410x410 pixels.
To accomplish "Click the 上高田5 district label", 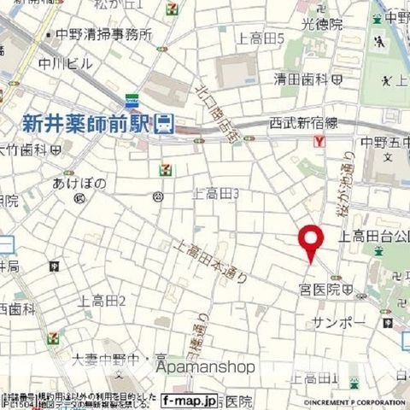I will (261, 38).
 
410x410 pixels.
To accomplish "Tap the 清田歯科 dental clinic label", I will (302, 79).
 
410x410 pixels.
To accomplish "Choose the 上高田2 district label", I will (102, 300).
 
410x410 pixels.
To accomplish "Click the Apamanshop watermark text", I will (205, 367).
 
